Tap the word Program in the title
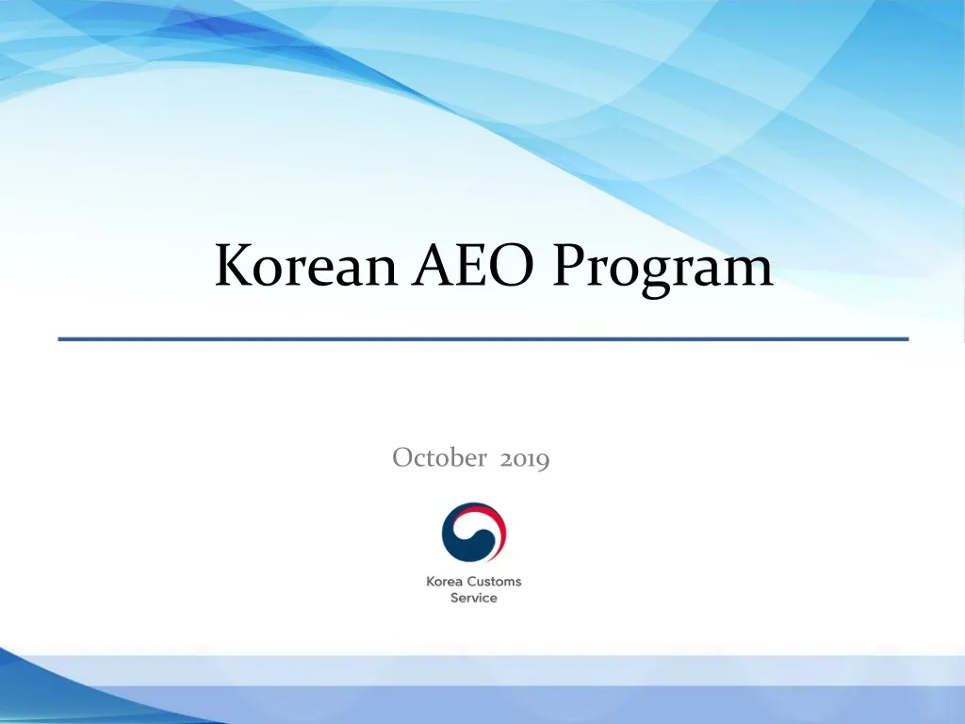tap(662, 268)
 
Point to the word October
tap(439, 458)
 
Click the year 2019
tap(525, 459)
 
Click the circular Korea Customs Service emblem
tap(474, 533)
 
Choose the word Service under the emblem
tap(474, 598)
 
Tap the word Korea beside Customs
tap(445, 582)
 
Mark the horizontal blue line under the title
tap(482, 337)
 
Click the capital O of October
tap(401, 458)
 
